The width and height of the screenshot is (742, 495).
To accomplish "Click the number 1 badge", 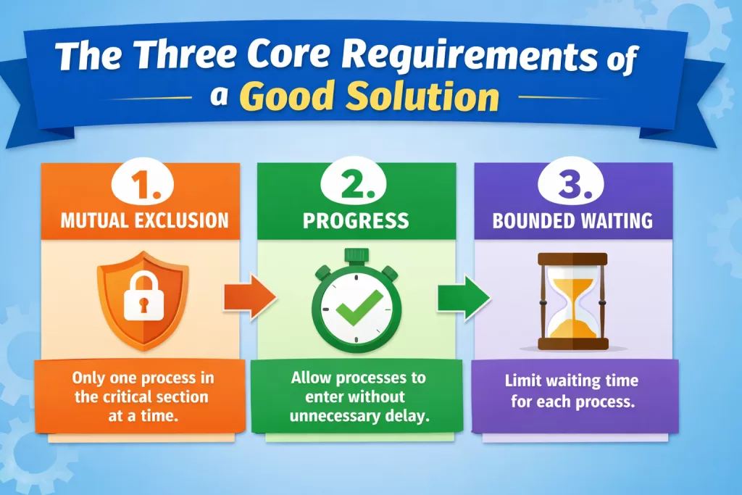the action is (x=143, y=183).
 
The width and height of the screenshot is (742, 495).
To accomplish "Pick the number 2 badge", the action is (x=354, y=183).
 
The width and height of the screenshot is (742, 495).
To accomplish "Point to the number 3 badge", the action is (x=571, y=183).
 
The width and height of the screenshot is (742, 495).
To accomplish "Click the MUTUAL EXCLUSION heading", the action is (x=144, y=221).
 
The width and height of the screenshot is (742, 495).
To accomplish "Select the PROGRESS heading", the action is (x=356, y=221).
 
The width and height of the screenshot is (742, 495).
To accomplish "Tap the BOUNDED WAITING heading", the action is (x=572, y=221).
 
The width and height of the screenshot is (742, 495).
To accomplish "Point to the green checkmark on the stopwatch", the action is (x=359, y=306).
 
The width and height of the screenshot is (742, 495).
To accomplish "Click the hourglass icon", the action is (x=573, y=301).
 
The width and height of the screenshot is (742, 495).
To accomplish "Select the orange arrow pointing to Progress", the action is (x=250, y=296).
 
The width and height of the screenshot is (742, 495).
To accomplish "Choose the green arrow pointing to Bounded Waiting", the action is (x=464, y=298).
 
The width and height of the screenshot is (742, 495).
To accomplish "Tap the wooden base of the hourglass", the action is (x=573, y=344).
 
